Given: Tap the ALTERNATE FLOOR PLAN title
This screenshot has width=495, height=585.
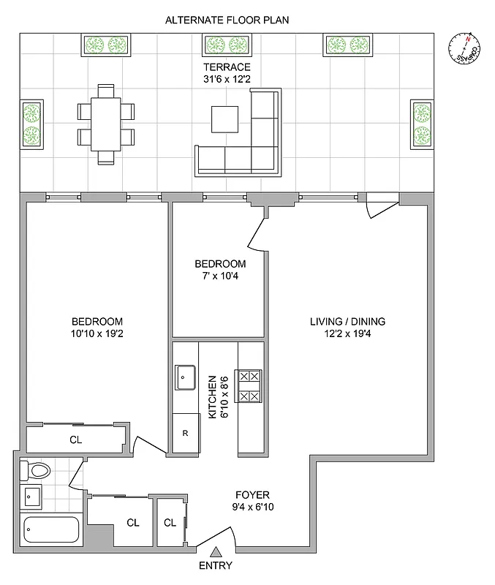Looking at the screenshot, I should point(227,20).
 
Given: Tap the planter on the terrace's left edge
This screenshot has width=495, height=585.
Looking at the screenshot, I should point(31,124).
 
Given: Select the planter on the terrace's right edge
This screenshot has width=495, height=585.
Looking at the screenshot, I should point(422,124).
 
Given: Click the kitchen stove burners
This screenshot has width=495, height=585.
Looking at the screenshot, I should point(249,385).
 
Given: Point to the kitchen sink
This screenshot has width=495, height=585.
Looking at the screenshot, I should point(184,377).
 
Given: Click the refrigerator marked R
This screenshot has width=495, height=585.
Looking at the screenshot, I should point(185,433).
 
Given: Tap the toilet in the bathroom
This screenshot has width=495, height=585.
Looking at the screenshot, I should point(34,470).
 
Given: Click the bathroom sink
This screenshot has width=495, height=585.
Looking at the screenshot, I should point(33,498).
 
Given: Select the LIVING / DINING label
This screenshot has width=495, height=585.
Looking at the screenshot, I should point(348,321).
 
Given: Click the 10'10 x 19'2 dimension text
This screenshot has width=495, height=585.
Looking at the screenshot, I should point(97,334).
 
